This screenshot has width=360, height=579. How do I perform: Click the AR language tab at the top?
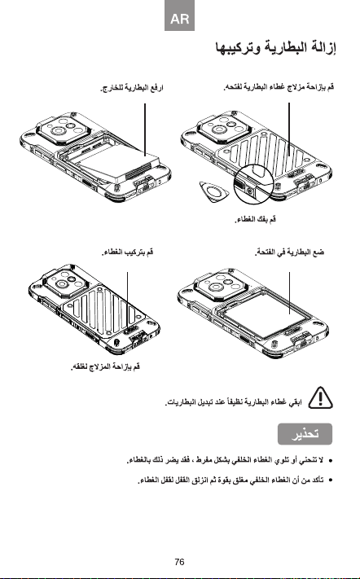(179, 15)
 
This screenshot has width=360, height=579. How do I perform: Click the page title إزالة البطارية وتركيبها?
(276, 48)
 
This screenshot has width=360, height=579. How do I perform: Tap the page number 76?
(179, 562)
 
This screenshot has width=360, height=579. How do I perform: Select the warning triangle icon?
(320, 397)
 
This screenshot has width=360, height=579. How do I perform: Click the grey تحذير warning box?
(305, 434)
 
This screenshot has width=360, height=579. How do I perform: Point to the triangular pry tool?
(213, 191)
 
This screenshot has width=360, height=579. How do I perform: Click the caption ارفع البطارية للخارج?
(132, 88)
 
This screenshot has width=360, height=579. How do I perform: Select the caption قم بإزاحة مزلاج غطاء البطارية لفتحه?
(279, 87)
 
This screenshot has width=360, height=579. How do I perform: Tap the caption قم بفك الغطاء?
(256, 220)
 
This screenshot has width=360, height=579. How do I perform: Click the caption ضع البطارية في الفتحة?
(289, 252)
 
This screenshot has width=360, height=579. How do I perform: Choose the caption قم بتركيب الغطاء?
(128, 252)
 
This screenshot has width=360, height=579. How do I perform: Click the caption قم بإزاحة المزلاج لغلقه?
(106, 366)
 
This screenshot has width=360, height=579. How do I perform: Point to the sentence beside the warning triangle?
(234, 401)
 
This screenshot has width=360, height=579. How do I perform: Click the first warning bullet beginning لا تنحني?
(226, 460)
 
